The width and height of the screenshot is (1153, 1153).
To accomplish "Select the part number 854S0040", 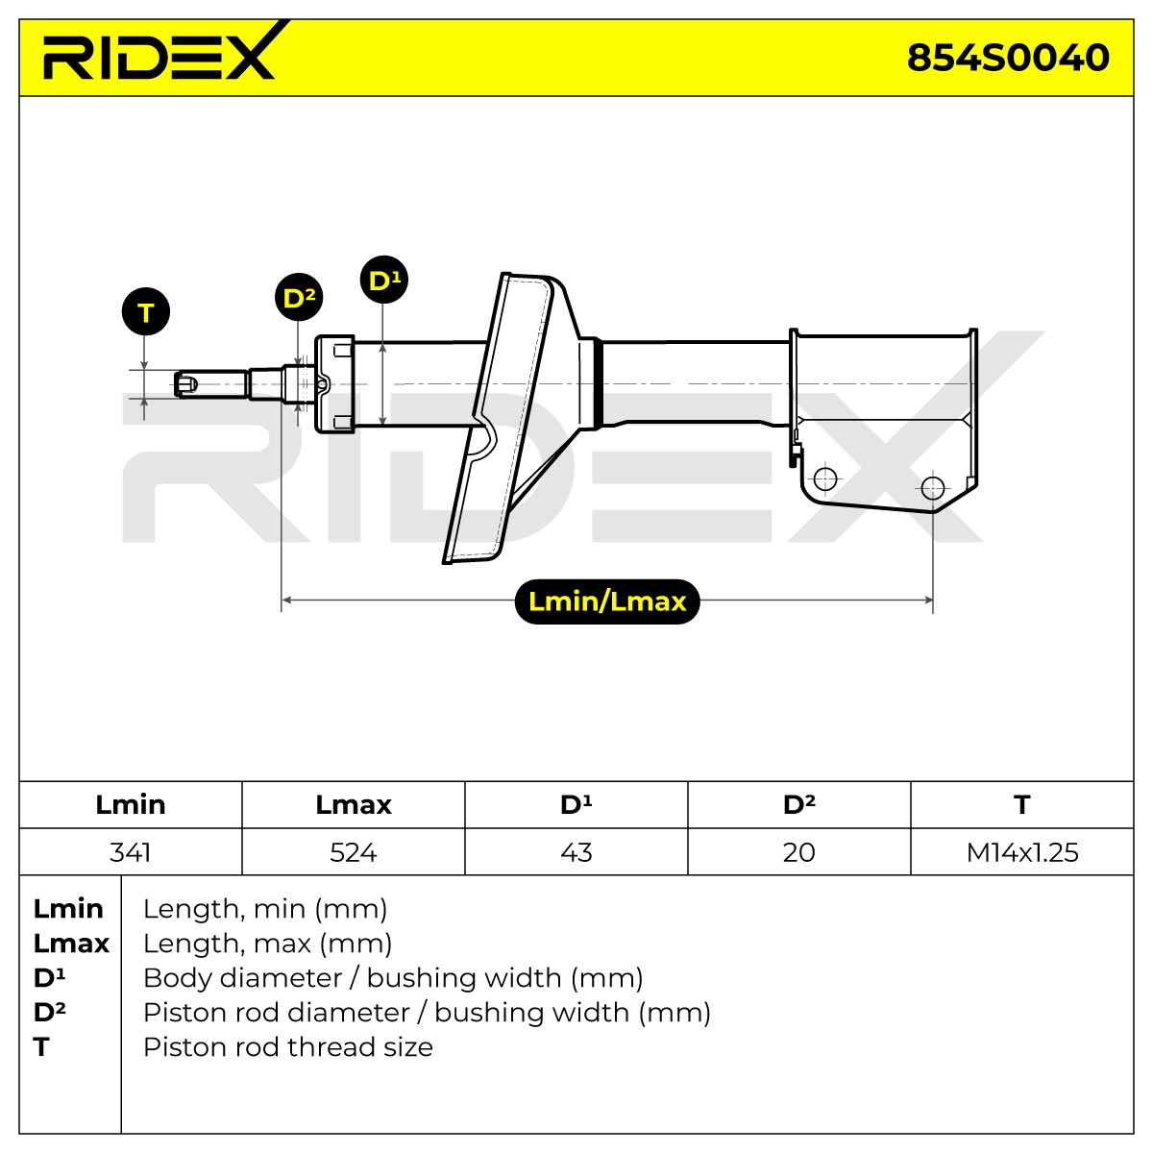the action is click(1008, 58).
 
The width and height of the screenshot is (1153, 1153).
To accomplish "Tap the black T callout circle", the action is click(146, 311).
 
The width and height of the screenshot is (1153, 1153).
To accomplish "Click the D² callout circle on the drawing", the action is click(299, 297).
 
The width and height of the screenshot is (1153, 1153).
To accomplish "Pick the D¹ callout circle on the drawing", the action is click(384, 280).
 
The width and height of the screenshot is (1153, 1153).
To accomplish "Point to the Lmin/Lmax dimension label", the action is click(606, 601).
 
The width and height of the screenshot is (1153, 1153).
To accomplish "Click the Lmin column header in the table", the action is click(131, 805).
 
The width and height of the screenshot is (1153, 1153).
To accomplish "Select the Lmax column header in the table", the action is click(353, 805).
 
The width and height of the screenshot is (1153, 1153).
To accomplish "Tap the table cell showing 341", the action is click(131, 852).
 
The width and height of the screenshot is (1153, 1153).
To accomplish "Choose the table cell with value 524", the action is click(353, 852).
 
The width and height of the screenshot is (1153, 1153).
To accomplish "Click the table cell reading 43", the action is click(576, 852).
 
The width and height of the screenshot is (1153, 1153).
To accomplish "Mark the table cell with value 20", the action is click(798, 852).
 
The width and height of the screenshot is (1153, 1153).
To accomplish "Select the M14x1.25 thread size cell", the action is click(1022, 852).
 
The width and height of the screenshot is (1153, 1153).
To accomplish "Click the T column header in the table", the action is click(1022, 805).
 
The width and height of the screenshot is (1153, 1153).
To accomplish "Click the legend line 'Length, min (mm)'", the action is click(265, 909).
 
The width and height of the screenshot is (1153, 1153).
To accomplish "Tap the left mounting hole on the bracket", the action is click(825, 478).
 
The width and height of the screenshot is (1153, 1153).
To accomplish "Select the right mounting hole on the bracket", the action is click(933, 488).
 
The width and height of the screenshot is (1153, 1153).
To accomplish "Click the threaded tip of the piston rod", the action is click(186, 383).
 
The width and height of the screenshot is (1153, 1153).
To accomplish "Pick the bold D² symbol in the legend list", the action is click(50, 1013).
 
